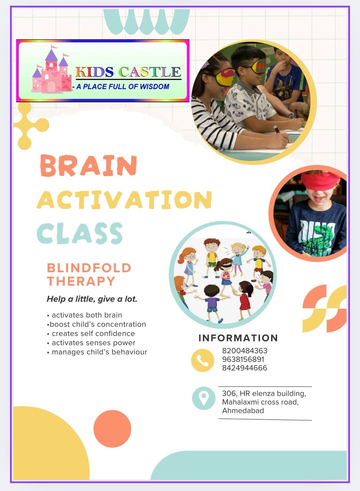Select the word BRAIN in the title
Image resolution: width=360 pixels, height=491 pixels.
tap(88, 166)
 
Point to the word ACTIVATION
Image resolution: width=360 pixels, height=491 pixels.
tap(124, 199)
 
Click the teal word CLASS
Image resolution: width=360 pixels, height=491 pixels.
tap(80, 233)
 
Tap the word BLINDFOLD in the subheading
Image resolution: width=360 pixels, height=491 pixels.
tap(89, 268)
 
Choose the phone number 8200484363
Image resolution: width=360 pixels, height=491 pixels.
tap(245, 351)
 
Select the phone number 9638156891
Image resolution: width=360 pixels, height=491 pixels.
tap(243, 359)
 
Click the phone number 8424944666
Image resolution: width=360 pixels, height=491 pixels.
tap(245, 368)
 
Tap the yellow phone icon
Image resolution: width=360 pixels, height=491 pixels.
tap(202, 361)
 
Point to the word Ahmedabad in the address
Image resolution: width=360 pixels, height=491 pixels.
tap(243, 411)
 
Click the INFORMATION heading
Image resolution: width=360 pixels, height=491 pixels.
tap(238, 338)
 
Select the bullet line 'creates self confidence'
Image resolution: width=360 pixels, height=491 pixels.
tap(91, 333)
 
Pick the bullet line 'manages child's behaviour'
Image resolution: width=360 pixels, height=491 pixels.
tap(97, 352)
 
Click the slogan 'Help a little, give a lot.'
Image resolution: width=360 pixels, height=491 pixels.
tap(92, 299)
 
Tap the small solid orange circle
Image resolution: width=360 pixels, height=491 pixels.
tap(112, 429)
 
